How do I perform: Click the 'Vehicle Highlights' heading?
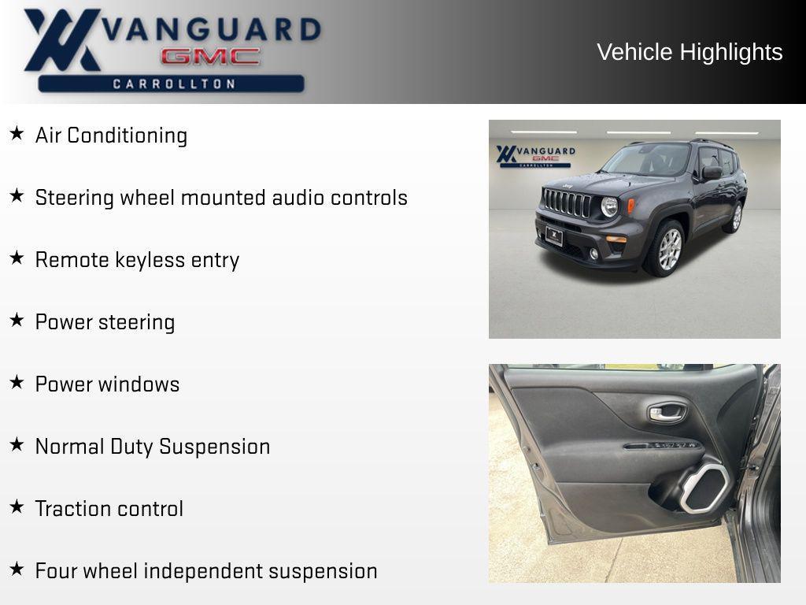coord(690,52)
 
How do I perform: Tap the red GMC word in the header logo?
coord(210,57)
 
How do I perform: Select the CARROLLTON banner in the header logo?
coord(172,84)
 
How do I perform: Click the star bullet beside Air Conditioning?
coord(17,134)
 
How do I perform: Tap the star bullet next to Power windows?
coord(17,383)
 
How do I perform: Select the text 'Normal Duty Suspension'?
coord(153,447)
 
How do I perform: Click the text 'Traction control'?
coord(109,509)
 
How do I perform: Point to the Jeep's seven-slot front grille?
coord(567,203)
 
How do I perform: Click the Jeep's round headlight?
coord(609,206)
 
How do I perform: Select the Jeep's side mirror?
coord(712,173)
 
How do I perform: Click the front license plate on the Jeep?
coord(554,236)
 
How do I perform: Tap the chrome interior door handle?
coord(666,413)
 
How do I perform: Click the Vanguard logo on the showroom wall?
coord(534,155)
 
